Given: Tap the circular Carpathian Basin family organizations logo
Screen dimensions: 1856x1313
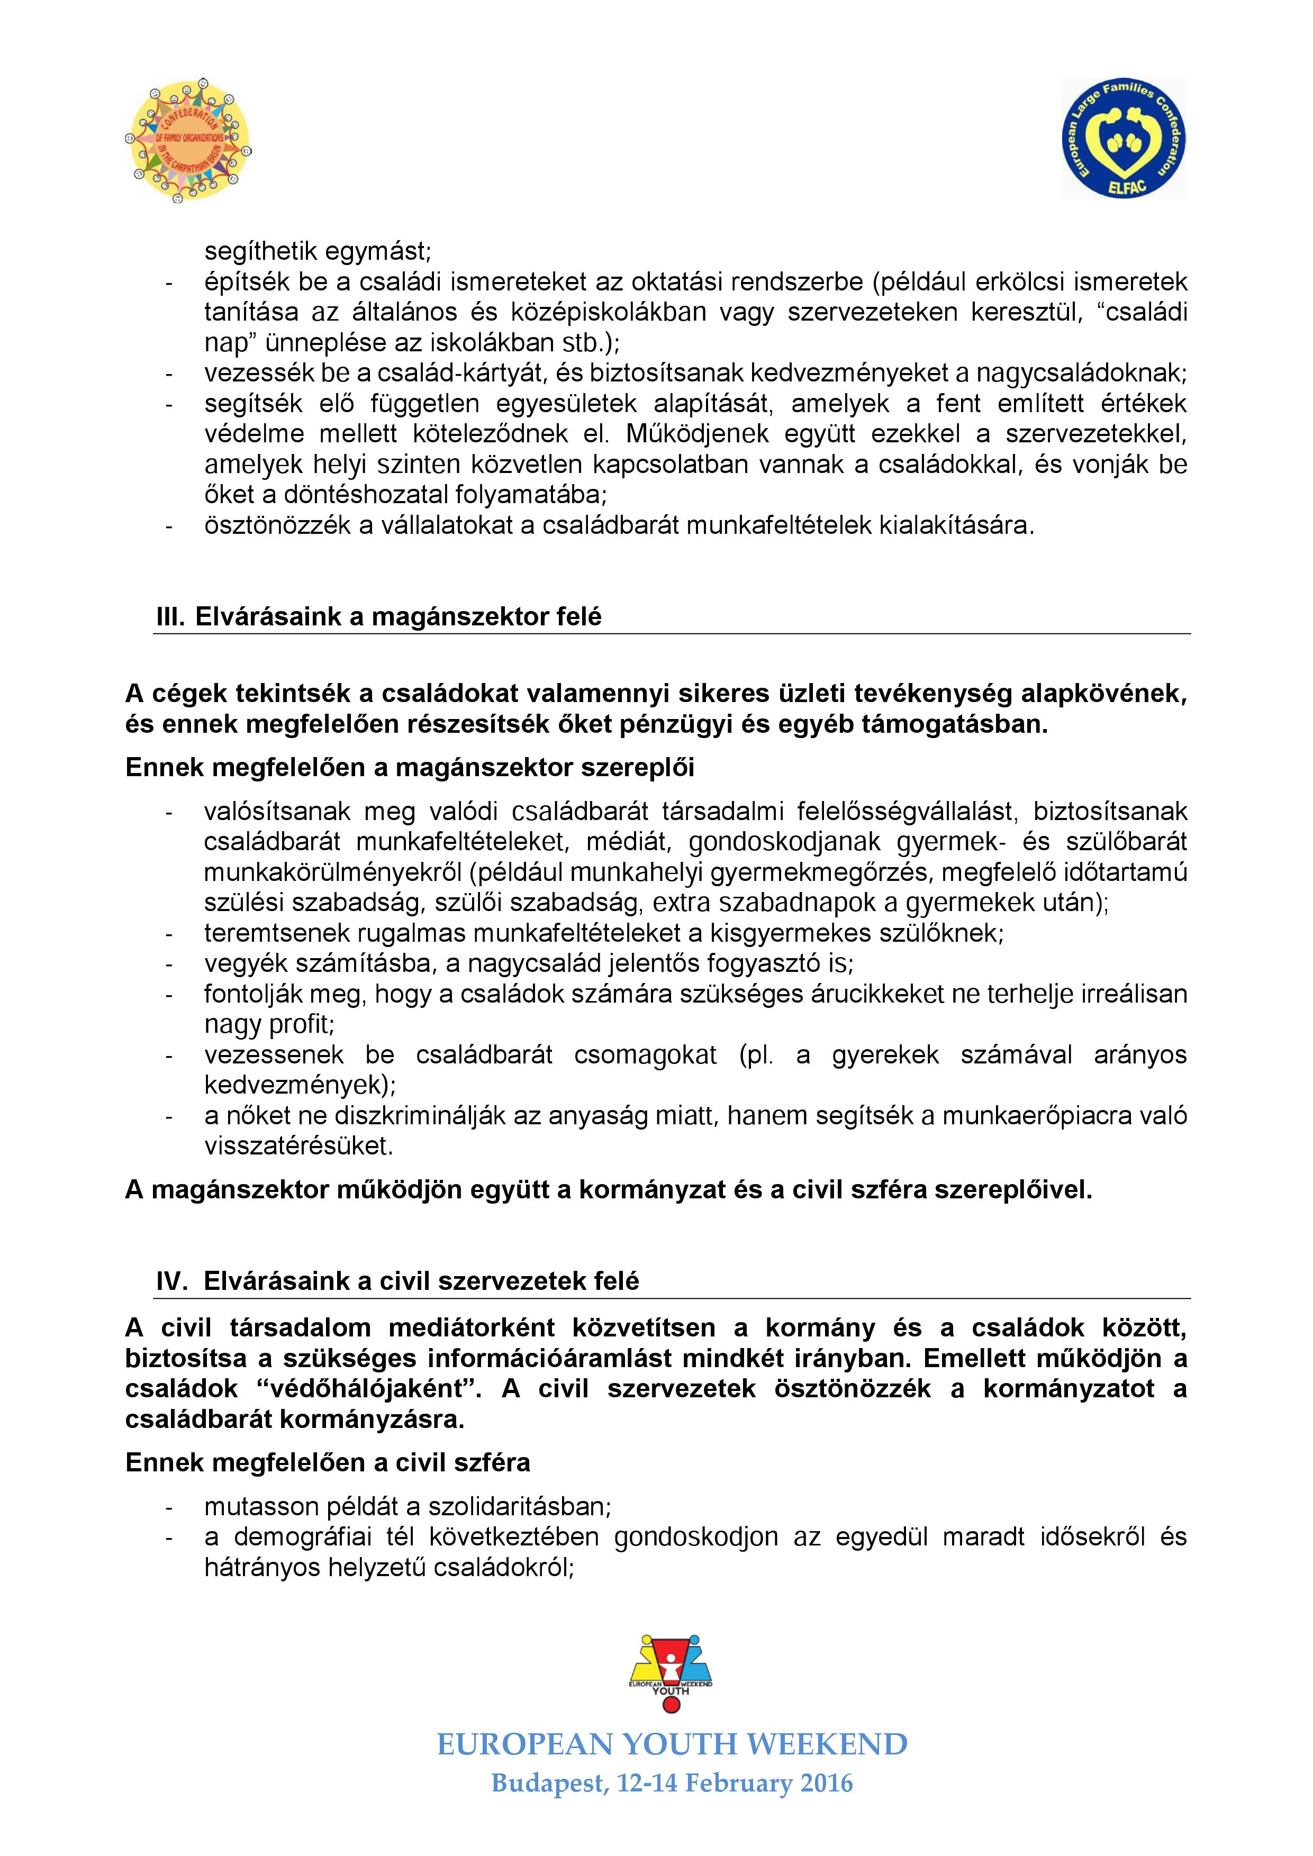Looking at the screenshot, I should pos(187,139).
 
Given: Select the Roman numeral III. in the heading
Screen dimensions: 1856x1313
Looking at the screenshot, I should pos(171,617).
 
